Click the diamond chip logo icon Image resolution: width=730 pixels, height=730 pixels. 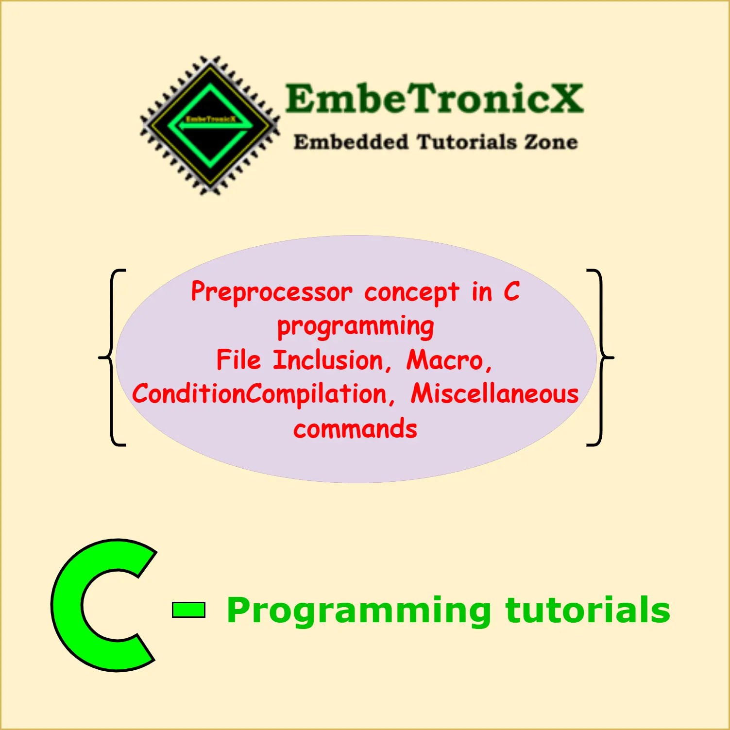coord(210,125)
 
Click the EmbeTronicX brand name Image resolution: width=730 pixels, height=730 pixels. coord(434,98)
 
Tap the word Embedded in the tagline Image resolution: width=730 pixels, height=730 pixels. coord(351,142)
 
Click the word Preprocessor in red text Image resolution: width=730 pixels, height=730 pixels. coord(272,292)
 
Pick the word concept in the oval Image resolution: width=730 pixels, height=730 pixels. coord(411,292)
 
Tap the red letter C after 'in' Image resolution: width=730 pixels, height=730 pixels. coord(511,291)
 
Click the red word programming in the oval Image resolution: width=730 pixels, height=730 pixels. coord(356,327)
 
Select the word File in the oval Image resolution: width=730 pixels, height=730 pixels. coord(238,360)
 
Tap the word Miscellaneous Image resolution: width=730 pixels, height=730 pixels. coord(494,394)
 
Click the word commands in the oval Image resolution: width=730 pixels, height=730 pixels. coord(355,429)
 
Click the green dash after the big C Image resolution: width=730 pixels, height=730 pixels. coord(188,610)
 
